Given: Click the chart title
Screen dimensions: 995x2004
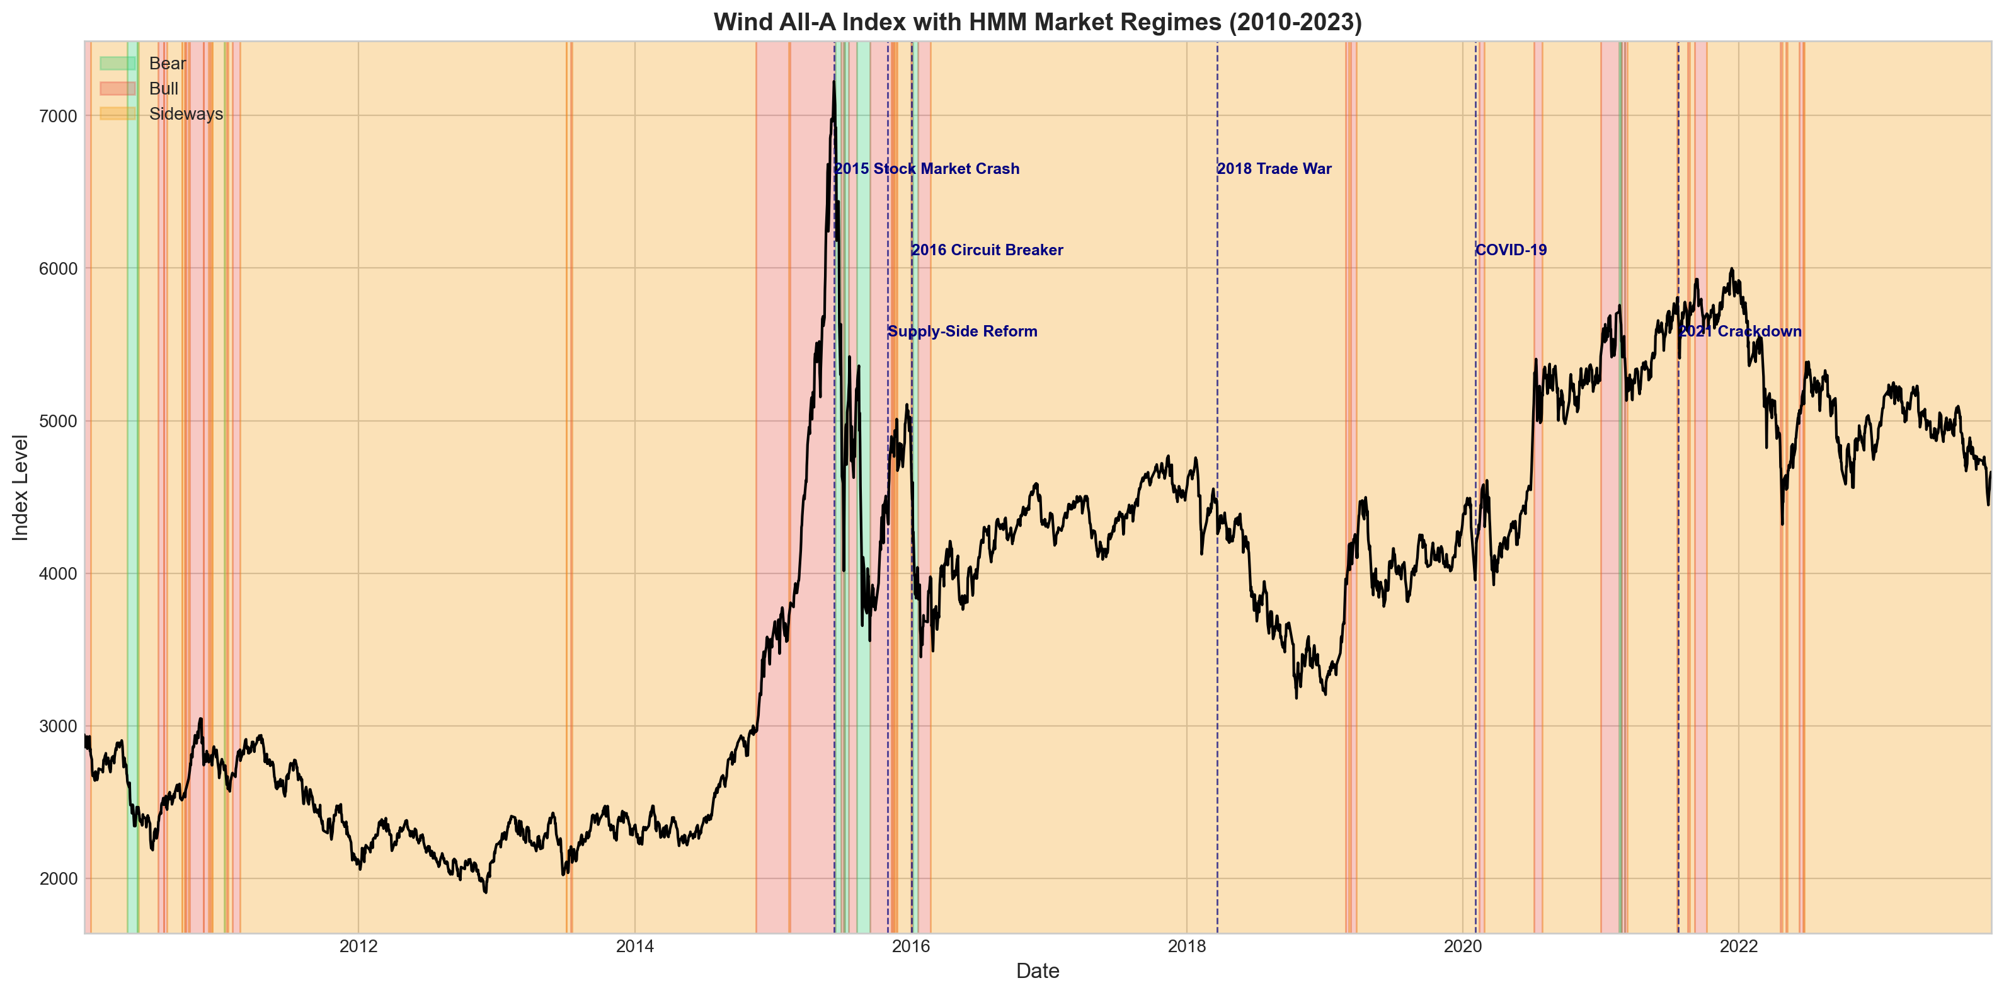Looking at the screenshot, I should [x=1037, y=22].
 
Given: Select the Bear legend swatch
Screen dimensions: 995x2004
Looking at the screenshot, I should [x=117, y=64].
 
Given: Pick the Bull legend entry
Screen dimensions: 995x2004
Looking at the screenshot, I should [x=163, y=89].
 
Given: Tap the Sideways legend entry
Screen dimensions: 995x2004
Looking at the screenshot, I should [x=185, y=113].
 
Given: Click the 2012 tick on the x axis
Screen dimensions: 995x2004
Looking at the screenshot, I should [x=358, y=946].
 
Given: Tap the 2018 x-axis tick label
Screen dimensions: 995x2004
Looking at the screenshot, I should [x=1186, y=946].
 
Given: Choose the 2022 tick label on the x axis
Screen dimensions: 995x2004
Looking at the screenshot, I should [x=1739, y=946].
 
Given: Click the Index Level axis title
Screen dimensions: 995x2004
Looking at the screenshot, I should [x=21, y=487].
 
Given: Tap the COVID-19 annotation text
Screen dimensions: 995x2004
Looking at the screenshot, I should [x=1511, y=250].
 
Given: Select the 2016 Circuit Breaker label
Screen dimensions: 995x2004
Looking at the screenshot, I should [x=987, y=250].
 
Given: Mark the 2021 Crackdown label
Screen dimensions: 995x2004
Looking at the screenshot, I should [x=1739, y=331].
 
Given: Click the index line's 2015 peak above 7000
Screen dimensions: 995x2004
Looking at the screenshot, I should [x=833, y=83].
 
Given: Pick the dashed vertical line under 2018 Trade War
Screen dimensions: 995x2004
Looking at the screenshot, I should [x=1218, y=544].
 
